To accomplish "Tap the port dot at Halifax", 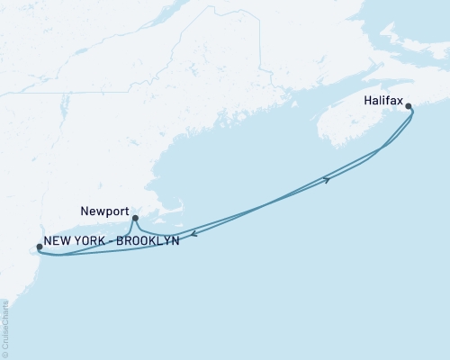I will (x=409, y=107).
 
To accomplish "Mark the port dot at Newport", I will (x=134, y=218).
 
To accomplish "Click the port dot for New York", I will (x=39, y=247).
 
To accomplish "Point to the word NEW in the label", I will (x=59, y=241).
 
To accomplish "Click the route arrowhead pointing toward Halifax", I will (x=327, y=180).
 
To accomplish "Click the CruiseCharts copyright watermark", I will (x=5, y=328).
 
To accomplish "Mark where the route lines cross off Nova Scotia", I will (x=380, y=147).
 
